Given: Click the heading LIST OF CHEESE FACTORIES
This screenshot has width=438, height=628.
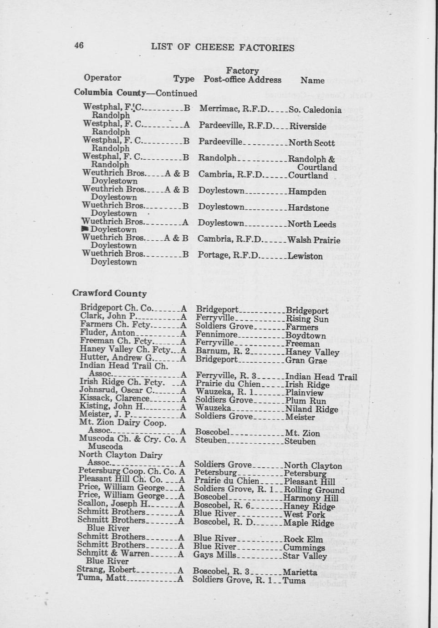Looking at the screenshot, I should tap(223, 48).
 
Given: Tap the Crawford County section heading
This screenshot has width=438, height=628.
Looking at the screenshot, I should tap(109, 294).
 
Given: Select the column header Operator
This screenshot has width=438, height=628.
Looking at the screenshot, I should tap(102, 78).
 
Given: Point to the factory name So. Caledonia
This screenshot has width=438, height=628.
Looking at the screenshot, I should tap(315, 110).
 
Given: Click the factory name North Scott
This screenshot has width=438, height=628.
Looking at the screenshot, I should tap(311, 143).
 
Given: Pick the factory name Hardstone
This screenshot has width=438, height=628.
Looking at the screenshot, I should tap(308, 208).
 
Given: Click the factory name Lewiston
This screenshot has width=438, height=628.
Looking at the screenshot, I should tap(305, 256).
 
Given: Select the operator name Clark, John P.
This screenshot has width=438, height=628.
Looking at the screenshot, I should tap(108, 316).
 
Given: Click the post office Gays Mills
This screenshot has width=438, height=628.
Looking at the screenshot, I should tap(215, 555).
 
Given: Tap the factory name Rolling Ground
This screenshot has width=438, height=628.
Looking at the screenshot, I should tap(314, 490).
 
